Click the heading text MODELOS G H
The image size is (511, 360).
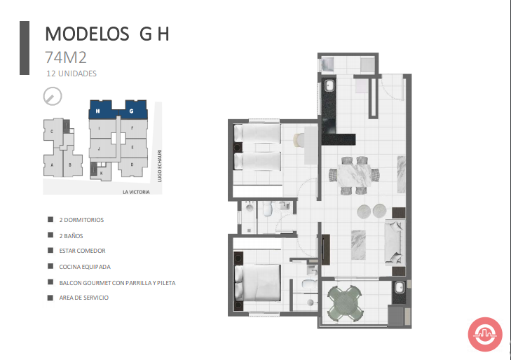click(107, 34)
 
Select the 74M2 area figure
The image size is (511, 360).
click(65, 57)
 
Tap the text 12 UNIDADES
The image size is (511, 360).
click(71, 74)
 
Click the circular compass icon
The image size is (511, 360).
click(53, 97)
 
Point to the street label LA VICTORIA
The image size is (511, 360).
click(136, 192)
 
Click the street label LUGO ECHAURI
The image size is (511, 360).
click(159, 166)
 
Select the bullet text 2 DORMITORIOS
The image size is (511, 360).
click(81, 220)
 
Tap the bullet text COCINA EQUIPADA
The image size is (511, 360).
click(85, 267)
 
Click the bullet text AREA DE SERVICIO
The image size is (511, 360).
click(83, 298)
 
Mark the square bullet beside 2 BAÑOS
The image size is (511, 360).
click(50, 235)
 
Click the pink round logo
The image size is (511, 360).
click(485, 334)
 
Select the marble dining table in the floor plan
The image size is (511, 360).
click(354, 175)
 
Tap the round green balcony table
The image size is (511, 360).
click(346, 303)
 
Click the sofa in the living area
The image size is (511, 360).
click(395, 242)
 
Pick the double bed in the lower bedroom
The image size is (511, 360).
click(257, 282)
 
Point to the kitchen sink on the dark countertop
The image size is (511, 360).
click(329, 86)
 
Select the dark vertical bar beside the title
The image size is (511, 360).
click(25, 48)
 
